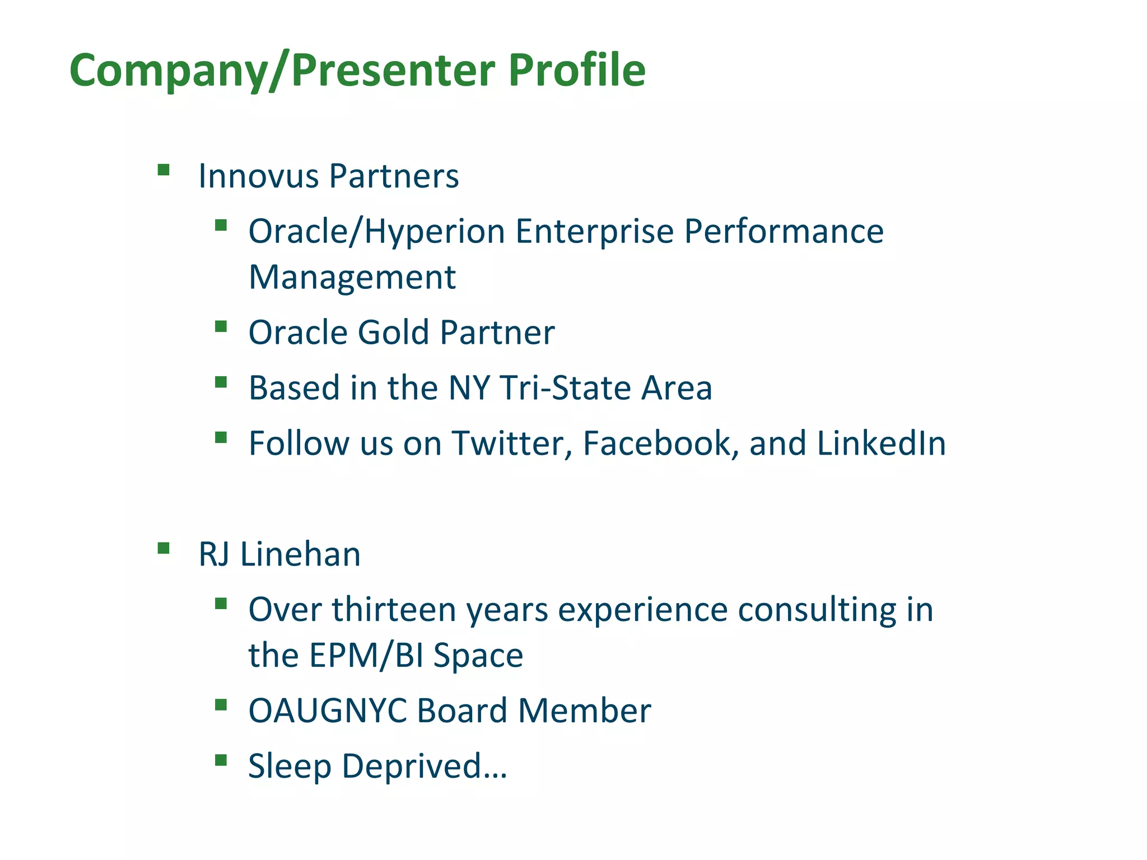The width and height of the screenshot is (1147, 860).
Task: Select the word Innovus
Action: (258, 176)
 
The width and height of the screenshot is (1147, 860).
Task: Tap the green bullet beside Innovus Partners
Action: (164, 170)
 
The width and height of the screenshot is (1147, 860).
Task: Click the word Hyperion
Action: (435, 232)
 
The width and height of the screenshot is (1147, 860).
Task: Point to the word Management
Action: (352, 277)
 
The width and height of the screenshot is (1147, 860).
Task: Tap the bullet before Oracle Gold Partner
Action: (221, 326)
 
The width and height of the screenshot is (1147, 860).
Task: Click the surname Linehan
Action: (300, 554)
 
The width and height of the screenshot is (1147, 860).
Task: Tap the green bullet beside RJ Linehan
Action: (164, 548)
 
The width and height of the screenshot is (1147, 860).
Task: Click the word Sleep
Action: (290, 766)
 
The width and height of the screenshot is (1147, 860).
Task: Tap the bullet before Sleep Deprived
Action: (221, 760)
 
